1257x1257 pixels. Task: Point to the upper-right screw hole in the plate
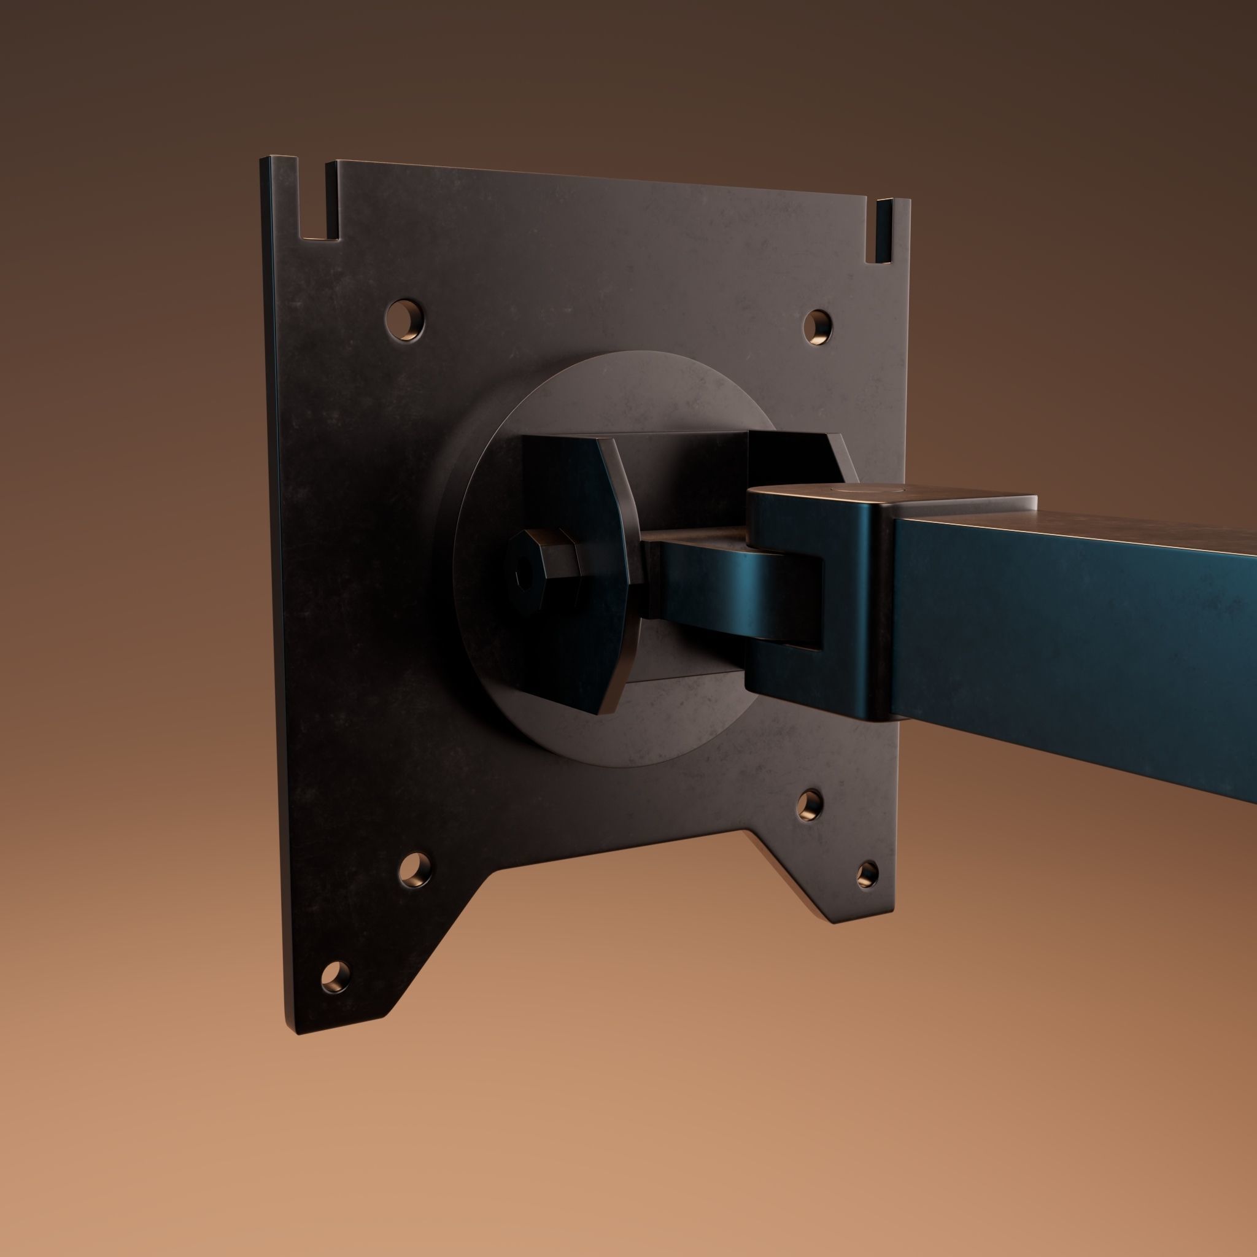click(818, 327)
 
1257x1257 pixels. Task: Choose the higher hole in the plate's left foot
click(415, 870)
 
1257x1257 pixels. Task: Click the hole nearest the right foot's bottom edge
click(867, 875)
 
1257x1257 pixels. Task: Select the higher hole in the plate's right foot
click(811, 805)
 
